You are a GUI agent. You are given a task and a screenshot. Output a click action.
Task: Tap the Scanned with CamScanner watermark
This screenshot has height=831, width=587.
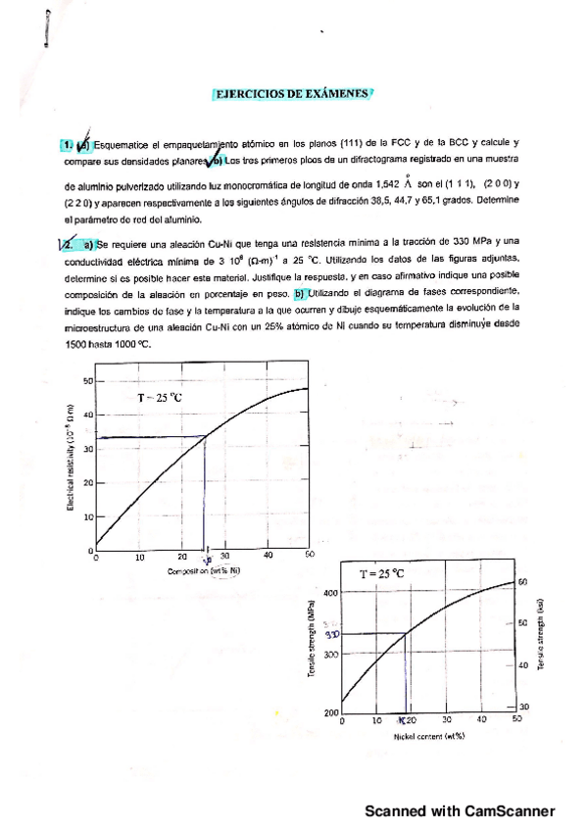click(460, 810)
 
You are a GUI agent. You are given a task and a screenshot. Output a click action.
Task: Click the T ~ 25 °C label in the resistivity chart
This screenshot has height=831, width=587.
click(159, 398)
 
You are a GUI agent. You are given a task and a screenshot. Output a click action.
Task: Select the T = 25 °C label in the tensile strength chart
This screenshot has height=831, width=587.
click(382, 574)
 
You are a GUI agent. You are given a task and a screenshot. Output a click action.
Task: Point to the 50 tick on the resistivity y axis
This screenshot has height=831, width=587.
click(87, 380)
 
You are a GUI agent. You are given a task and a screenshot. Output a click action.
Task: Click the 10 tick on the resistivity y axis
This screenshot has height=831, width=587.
click(87, 516)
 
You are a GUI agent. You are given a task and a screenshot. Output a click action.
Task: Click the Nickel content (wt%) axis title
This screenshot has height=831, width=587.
click(428, 735)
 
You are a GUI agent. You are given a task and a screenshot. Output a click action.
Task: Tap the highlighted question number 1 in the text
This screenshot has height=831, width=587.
click(66, 145)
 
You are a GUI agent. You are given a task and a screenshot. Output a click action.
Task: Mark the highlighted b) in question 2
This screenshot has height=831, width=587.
click(300, 292)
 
